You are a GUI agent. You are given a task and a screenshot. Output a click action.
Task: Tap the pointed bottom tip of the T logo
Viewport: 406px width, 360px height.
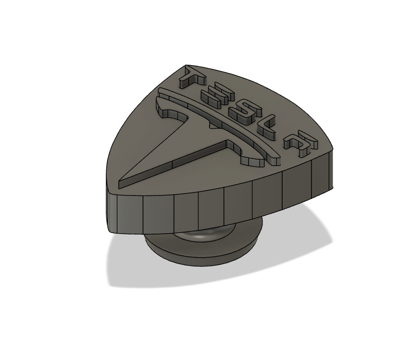point(122,184)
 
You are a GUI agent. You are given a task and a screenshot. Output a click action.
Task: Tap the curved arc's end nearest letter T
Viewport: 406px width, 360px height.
point(163,90)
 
